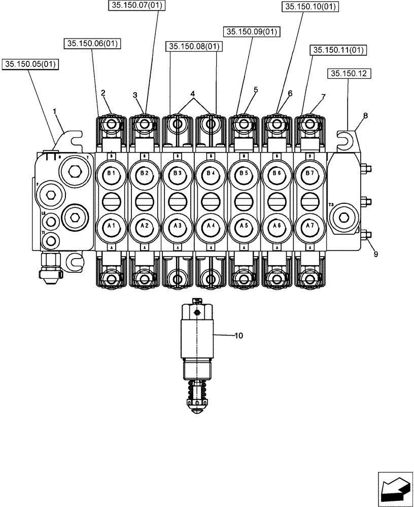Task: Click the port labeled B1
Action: (x=111, y=174)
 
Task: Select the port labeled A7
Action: (x=308, y=226)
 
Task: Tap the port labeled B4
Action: (x=210, y=174)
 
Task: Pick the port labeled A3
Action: (x=177, y=226)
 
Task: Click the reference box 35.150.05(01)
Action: (x=31, y=64)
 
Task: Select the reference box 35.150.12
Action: (x=350, y=74)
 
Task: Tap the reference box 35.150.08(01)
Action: (x=193, y=47)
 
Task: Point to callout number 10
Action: (x=239, y=336)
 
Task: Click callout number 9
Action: (x=376, y=255)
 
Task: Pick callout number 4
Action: (x=193, y=94)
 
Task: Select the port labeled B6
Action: (x=275, y=174)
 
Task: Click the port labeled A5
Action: (x=243, y=226)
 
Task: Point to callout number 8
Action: (x=365, y=116)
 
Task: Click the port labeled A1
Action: (x=111, y=226)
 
